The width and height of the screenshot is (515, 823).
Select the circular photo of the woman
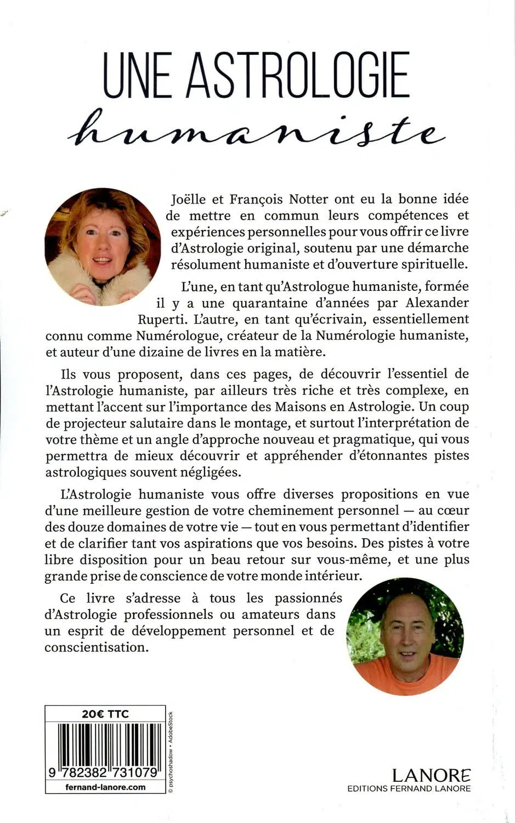103,246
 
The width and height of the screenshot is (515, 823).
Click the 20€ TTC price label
105,713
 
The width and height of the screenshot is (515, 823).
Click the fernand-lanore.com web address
105,787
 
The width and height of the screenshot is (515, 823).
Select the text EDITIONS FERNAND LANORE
409,788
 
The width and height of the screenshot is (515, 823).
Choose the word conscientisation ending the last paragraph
97,647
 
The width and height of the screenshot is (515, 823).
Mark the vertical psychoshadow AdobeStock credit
170,751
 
